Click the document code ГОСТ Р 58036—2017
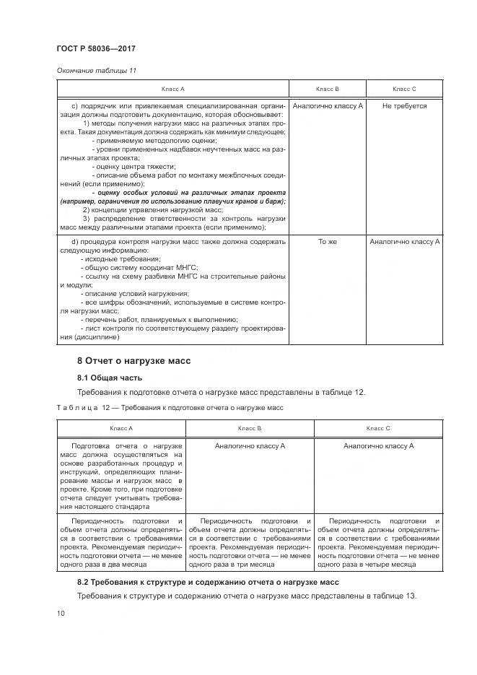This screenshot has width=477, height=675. point(95,48)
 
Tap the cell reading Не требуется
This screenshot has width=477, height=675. point(404,106)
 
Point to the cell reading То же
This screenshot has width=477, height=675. point(328,242)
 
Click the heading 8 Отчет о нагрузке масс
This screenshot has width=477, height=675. point(134,360)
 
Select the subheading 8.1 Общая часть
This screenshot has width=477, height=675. point(110,378)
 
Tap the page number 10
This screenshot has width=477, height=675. point(60,614)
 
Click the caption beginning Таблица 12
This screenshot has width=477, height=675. point(170,408)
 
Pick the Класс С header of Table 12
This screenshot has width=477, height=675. point(378,428)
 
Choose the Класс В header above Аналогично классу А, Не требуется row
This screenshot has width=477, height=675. point(328,88)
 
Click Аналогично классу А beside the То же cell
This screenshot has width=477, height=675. point(404,242)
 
